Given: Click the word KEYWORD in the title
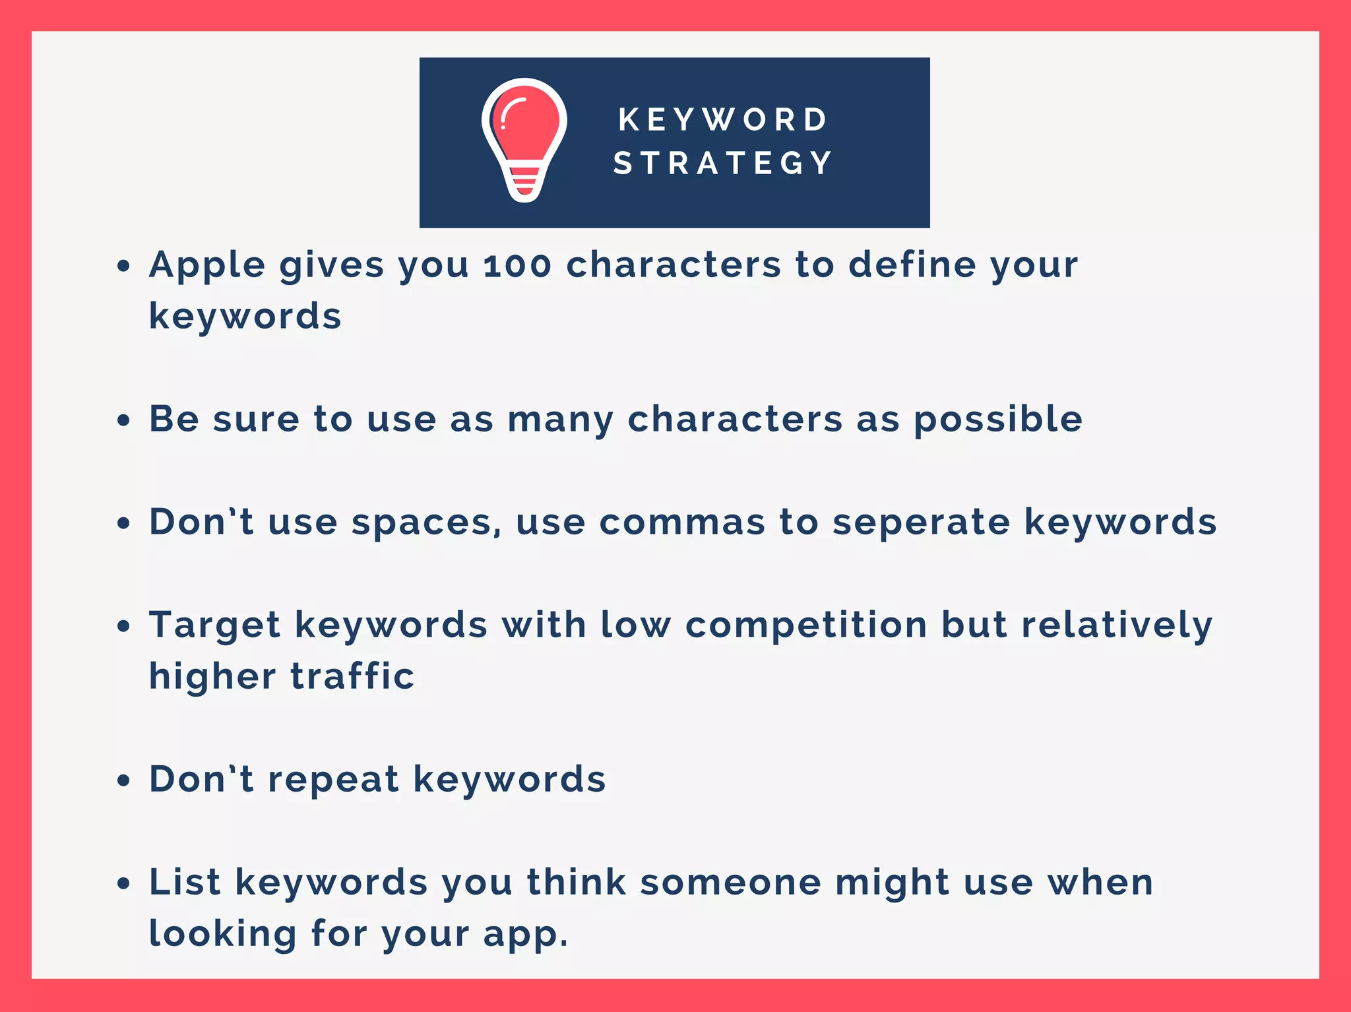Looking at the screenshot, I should (x=723, y=120).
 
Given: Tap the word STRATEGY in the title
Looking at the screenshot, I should (x=723, y=163).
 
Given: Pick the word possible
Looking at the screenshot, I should (x=998, y=420).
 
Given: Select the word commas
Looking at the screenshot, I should (x=682, y=522).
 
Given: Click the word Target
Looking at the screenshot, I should (x=215, y=626).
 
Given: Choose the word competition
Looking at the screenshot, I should (x=806, y=625).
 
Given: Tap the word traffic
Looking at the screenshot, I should (x=352, y=676).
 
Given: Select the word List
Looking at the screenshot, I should (x=185, y=882).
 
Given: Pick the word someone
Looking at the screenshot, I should (x=730, y=883).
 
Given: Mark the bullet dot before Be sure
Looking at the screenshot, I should (x=123, y=420).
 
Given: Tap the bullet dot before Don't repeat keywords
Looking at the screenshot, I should (x=123, y=780).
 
